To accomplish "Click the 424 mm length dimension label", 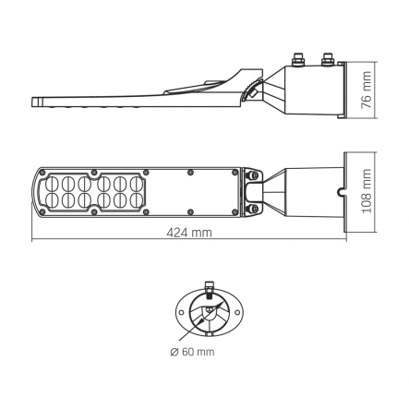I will click(188, 232).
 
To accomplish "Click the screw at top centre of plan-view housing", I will click(189, 173).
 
